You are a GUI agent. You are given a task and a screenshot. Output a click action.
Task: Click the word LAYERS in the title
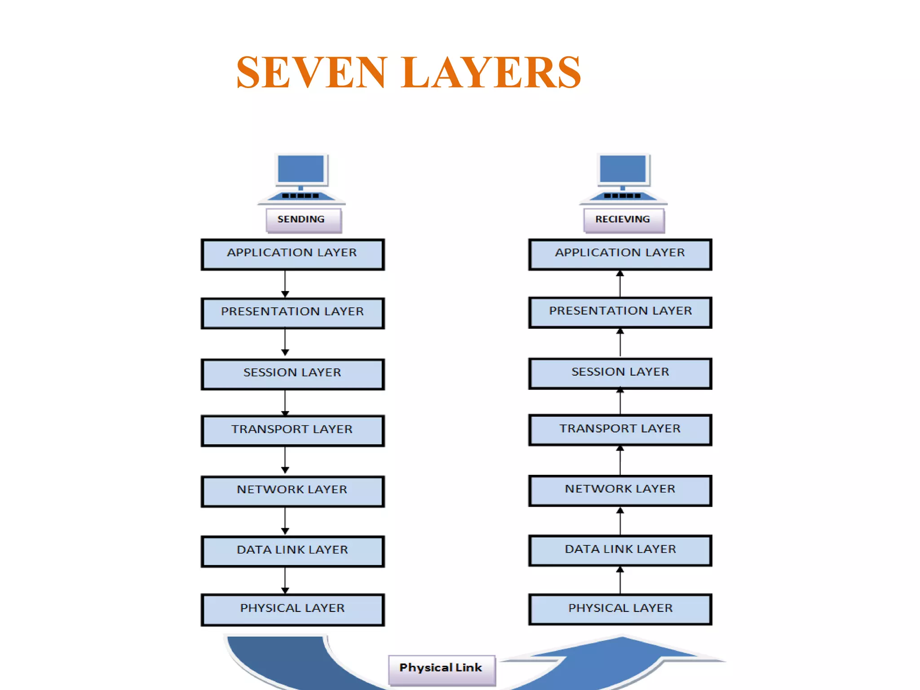click(491, 73)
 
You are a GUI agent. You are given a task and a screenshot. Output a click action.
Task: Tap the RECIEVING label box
click(624, 220)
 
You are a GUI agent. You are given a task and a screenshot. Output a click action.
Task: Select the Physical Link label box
click(442, 669)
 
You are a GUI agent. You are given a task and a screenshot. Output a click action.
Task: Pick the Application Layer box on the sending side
click(292, 254)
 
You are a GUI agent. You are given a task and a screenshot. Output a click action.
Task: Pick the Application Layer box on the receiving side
click(620, 254)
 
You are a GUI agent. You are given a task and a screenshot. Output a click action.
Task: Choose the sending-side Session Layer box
click(292, 374)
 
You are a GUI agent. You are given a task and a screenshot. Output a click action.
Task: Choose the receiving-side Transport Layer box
click(620, 430)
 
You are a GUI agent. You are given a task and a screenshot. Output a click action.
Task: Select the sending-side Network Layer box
click(292, 491)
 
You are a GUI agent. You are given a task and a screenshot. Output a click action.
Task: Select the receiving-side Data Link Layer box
click(620, 550)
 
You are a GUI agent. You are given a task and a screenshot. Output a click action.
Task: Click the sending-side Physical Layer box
click(292, 610)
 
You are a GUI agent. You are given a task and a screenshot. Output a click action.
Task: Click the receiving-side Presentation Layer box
click(620, 312)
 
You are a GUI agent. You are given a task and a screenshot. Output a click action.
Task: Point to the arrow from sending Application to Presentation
click(285, 284)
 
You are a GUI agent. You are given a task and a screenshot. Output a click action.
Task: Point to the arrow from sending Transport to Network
click(285, 460)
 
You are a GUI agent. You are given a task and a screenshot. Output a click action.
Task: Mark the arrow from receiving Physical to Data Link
click(620, 580)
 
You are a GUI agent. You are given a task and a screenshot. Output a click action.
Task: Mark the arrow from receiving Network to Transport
click(620, 460)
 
